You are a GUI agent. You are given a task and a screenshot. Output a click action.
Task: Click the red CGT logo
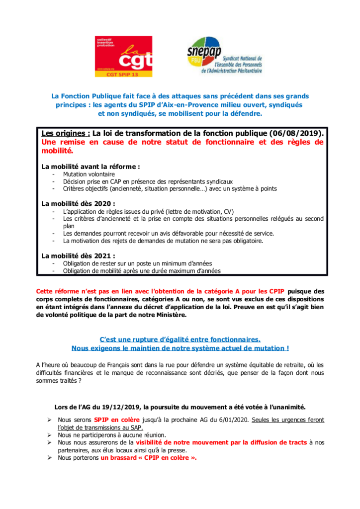pyautogui.click(x=123, y=56)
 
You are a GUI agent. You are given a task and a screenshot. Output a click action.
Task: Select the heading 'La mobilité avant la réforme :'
pyautogui.click(x=90, y=166)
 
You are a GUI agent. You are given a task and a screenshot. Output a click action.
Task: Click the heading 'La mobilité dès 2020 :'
pyautogui.click(x=78, y=203)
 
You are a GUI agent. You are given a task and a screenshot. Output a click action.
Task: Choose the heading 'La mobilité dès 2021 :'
pyautogui.click(x=78, y=255)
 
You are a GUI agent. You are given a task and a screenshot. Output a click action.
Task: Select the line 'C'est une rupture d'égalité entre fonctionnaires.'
pyautogui.click(x=180, y=339)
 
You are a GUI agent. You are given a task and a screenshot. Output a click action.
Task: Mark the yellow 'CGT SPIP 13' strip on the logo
pyautogui.click(x=123, y=74)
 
